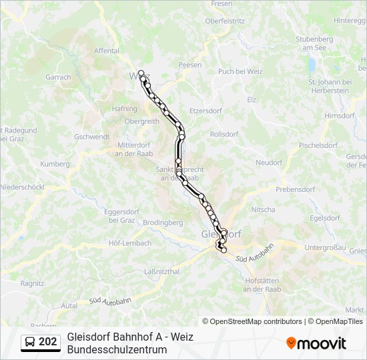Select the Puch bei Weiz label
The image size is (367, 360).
tap(240, 71)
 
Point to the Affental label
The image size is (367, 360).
tap(107, 51)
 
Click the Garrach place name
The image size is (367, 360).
tap(58, 77)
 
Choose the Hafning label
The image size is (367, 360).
tap(125, 109)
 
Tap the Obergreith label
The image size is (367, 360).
tap(142, 121)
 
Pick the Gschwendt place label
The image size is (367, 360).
tap(92, 137)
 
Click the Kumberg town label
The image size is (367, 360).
tap(55, 164)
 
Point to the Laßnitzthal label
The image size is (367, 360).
tap(162, 272)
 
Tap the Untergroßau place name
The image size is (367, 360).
tap(325, 247)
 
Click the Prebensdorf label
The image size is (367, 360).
tap(295, 189)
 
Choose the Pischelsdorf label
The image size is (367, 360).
tap(318, 145)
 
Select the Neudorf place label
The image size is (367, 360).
tap(269, 163)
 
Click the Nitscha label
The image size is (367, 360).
tap(263, 209)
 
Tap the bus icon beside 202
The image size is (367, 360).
tap(31, 342)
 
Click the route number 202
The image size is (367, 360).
tap(48, 342)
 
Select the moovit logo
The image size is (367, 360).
tap(316, 343)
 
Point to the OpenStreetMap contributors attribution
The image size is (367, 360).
tap(252, 321)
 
